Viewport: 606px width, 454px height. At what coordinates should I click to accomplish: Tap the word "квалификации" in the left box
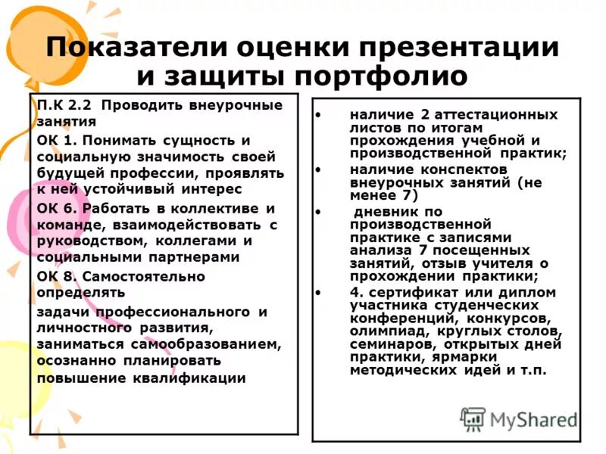(x=194, y=378)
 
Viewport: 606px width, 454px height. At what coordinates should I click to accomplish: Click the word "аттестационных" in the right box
(x=497, y=115)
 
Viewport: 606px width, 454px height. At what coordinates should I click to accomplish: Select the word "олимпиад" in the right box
(x=388, y=331)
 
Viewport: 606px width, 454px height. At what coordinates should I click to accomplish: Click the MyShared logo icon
(x=473, y=419)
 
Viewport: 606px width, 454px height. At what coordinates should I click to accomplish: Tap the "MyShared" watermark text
(x=533, y=420)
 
